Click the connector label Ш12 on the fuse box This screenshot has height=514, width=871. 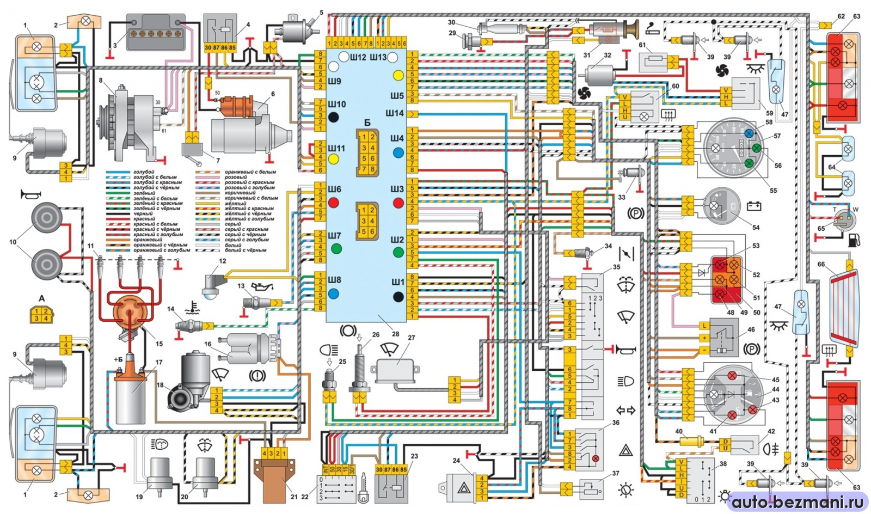pyautogui.click(x=358, y=57)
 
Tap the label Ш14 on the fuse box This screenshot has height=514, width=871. pyautogui.click(x=395, y=113)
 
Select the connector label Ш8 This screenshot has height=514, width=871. pyautogui.click(x=334, y=280)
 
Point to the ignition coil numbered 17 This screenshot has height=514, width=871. pyautogui.click(x=131, y=392)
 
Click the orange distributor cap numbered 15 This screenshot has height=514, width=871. pyautogui.click(x=130, y=314)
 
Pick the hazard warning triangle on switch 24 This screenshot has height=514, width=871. pyautogui.click(x=463, y=488)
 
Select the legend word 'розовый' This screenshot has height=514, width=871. pyautogui.click(x=236, y=177)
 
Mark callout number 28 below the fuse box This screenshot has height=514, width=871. pyautogui.click(x=396, y=334)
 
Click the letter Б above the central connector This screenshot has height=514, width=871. pyautogui.click(x=367, y=123)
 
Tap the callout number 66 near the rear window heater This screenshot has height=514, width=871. pyautogui.click(x=821, y=265)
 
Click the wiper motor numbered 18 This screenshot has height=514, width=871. pyautogui.click(x=188, y=381)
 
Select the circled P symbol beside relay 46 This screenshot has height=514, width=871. pyautogui.click(x=752, y=349)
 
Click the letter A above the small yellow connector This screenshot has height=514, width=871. pyautogui.click(x=42, y=298)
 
